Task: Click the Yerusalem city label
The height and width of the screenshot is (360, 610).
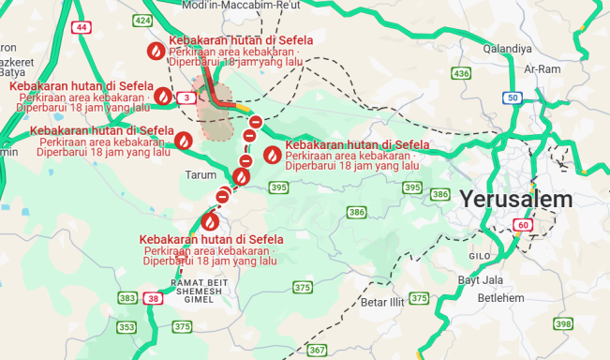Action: point(515,199)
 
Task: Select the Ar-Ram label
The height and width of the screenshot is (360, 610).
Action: point(543,68)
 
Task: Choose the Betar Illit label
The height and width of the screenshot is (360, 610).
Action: point(381,303)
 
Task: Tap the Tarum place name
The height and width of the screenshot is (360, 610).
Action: point(201,174)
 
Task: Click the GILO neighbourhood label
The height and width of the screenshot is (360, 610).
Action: point(479,256)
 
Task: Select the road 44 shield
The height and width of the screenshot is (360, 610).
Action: point(82,27)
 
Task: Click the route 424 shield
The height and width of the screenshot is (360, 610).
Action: point(142,20)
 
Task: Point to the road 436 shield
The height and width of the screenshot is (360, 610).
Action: point(460,73)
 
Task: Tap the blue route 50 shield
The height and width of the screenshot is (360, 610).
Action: point(512,97)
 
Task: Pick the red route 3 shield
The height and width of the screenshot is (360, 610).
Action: point(188,97)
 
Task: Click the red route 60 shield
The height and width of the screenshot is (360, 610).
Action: point(522,225)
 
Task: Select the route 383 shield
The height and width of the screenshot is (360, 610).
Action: point(127,298)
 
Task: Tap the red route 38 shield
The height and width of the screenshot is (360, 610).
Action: point(153,298)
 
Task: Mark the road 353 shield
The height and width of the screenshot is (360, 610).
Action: point(126,327)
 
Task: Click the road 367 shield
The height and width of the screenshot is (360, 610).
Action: point(317,350)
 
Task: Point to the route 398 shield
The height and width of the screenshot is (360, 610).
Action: point(562,323)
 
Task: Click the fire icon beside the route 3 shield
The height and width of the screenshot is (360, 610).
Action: point(163,96)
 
